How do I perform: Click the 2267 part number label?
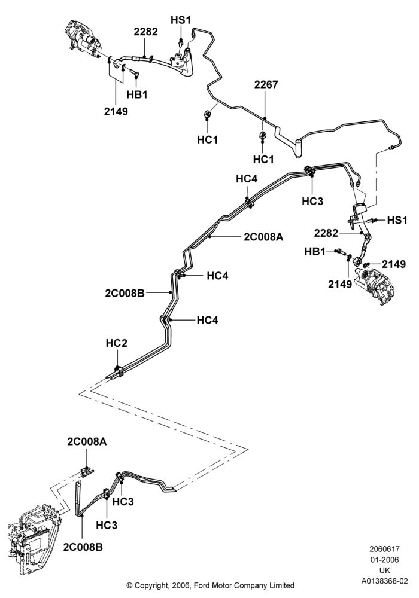click(x=266, y=84)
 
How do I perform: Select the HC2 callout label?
click(x=116, y=343)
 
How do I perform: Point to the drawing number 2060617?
click(x=384, y=549)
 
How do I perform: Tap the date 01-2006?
click(x=384, y=560)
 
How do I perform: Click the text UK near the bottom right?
click(x=385, y=570)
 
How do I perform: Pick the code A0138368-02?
click(x=385, y=582)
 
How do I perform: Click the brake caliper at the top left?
click(x=83, y=38)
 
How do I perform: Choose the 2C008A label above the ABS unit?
click(x=87, y=442)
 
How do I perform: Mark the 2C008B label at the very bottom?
click(x=83, y=547)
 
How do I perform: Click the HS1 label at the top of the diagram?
click(x=181, y=20)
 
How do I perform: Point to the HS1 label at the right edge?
click(x=397, y=220)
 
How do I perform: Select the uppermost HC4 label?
click(x=247, y=178)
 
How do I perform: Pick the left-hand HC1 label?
click(x=208, y=140)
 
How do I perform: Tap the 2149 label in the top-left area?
click(x=116, y=111)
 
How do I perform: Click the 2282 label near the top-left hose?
click(x=145, y=32)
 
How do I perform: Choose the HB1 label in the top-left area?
click(x=137, y=94)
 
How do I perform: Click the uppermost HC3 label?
click(x=312, y=201)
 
